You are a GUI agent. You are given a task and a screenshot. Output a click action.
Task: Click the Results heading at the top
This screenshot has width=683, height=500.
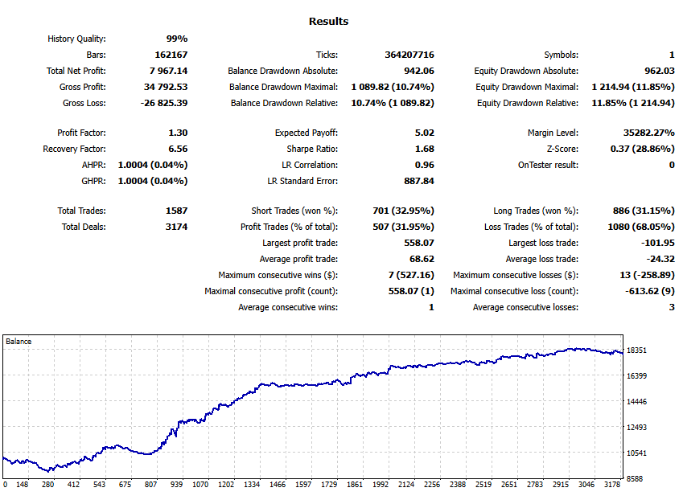328,22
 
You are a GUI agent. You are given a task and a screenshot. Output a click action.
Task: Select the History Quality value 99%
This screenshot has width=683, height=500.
176,39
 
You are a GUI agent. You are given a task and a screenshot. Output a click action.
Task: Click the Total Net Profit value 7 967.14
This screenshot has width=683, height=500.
165,71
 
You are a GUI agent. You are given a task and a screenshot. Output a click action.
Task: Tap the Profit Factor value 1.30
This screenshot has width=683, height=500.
175,133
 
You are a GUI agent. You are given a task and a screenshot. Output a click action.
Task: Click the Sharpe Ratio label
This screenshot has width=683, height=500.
312,149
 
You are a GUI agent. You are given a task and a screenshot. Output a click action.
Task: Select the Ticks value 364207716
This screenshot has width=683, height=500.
409,55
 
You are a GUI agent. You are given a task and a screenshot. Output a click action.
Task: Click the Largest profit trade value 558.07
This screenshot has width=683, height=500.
418,243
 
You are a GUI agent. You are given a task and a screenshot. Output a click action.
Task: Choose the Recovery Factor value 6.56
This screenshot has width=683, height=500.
175,149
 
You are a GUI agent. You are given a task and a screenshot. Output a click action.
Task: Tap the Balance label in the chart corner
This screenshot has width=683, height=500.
19,342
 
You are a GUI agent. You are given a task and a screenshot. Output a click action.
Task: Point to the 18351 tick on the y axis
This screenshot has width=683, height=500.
638,350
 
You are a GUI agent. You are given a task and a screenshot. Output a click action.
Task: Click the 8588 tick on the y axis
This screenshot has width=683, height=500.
636,479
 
